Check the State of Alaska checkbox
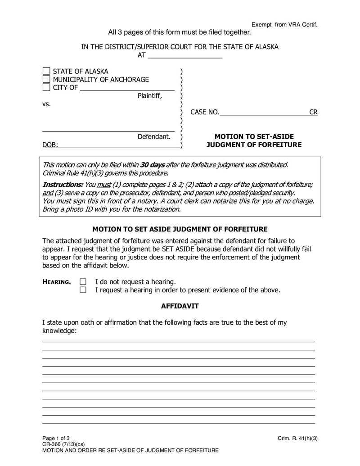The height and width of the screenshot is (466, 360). point(46,72)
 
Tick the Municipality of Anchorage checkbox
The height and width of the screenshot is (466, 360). point(46,80)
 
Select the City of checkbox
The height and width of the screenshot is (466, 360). point(46,87)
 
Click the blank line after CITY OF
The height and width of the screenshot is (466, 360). point(127,88)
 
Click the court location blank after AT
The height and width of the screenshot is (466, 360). point(184,56)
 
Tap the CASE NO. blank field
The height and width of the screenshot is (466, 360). point(264,112)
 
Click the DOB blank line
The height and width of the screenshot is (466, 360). point(119,145)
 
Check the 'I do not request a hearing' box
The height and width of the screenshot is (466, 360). point(83,282)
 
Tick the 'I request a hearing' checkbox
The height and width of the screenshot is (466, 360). point(83,290)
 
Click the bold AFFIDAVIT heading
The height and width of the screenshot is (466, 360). point(180,306)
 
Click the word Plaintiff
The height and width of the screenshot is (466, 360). point(149,96)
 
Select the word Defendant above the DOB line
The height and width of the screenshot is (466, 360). point(154,136)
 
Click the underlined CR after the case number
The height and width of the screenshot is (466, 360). point(313,112)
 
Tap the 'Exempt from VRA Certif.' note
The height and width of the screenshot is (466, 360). point(284,24)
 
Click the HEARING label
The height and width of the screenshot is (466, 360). point(56,282)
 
